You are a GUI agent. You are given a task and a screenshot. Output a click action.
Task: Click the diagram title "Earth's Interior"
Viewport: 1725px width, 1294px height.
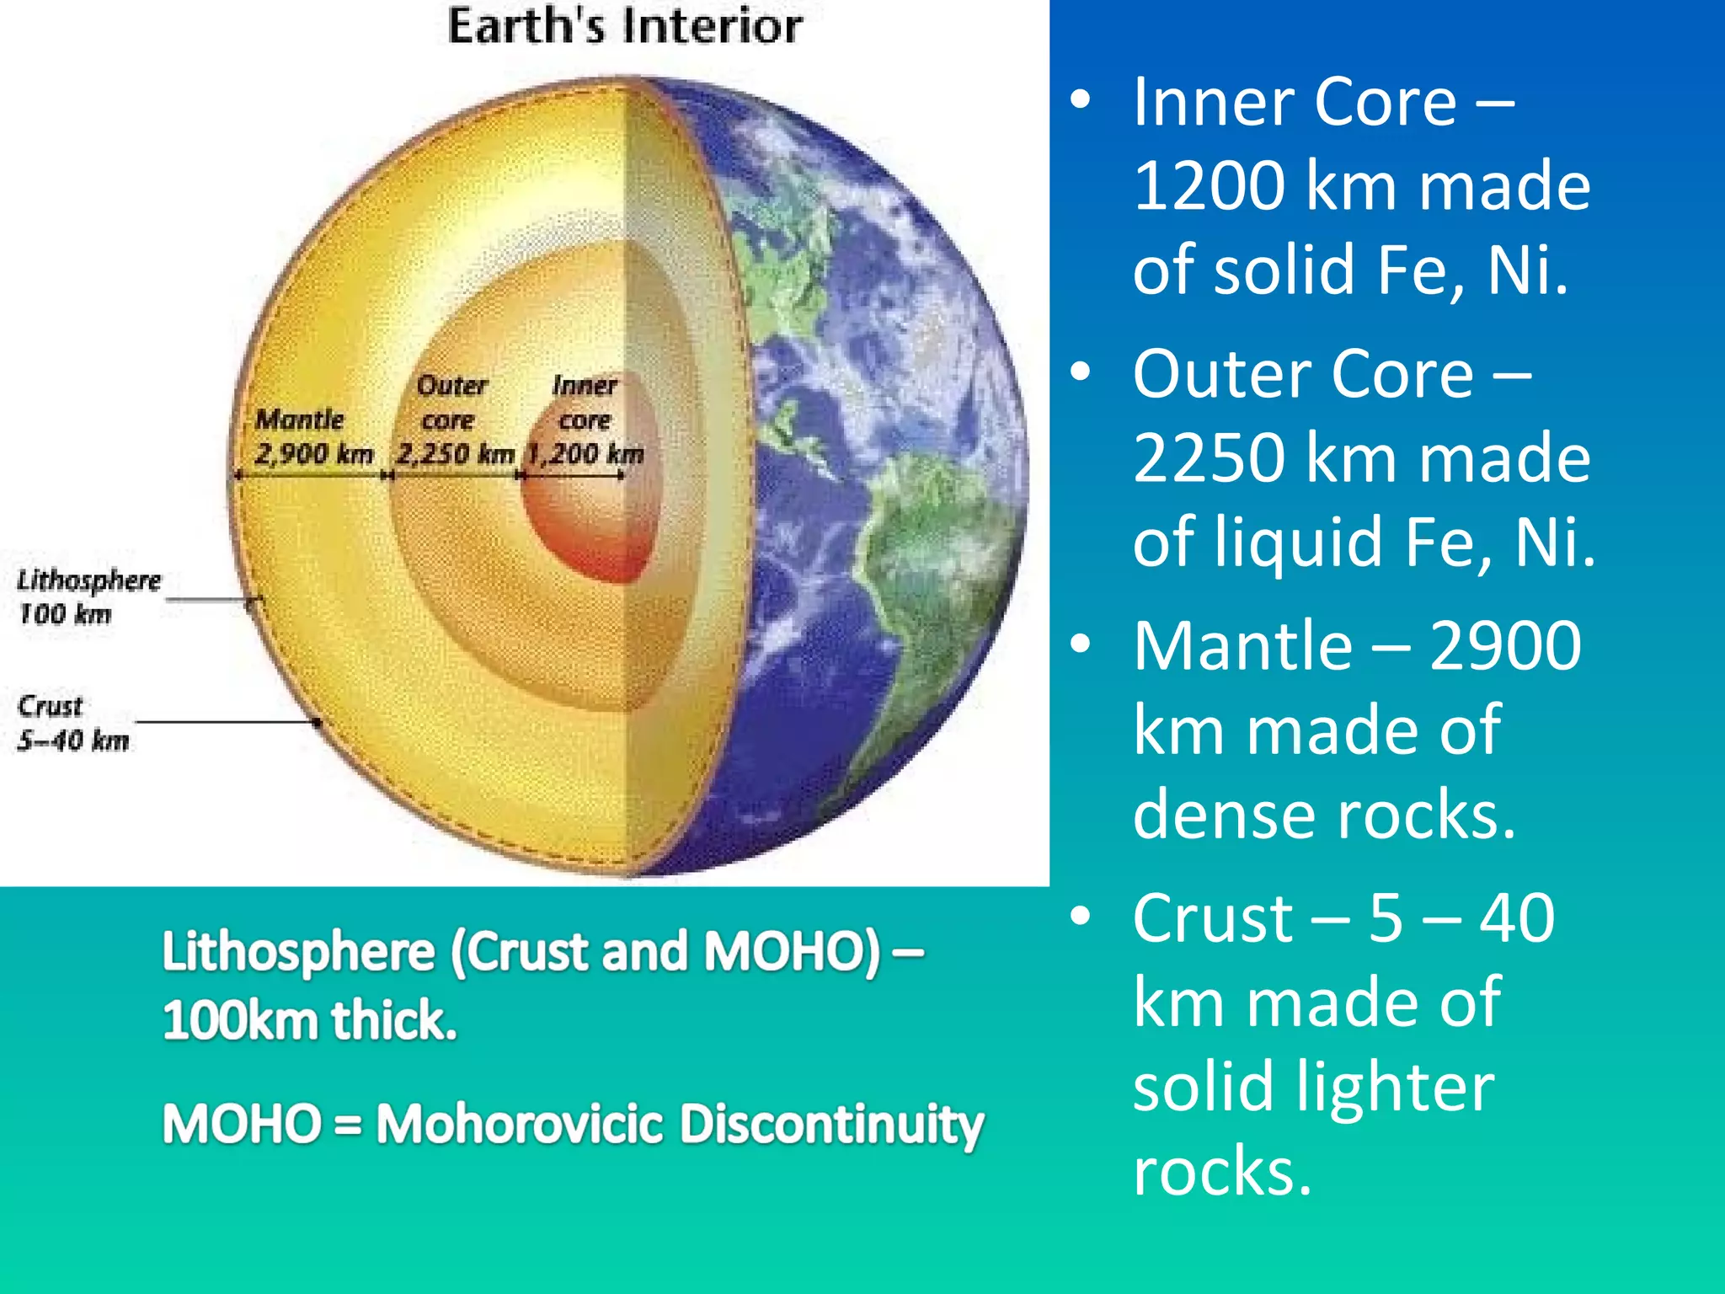(624, 26)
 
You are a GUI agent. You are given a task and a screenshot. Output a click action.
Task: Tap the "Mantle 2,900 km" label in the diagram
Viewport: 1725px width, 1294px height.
(312, 436)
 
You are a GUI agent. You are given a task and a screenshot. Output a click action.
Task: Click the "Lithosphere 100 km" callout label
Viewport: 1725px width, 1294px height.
(88, 596)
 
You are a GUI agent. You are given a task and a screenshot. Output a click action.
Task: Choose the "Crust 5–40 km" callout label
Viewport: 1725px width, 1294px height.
(72, 723)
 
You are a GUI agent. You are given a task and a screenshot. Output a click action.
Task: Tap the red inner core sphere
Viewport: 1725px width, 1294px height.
(590, 522)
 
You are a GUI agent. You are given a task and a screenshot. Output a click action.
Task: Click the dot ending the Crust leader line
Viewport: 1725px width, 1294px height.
(317, 722)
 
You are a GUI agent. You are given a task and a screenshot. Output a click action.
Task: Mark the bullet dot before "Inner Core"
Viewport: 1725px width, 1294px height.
(1081, 100)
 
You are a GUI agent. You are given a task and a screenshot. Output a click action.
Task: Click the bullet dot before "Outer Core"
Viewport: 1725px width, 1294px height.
(1081, 372)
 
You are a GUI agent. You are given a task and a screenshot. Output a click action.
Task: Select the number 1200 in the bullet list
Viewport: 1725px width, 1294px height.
(1209, 185)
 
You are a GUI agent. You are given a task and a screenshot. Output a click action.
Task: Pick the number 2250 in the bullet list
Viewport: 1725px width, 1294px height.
(1209, 457)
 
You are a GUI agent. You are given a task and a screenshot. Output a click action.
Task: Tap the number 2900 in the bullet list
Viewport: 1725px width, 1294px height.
(1505, 645)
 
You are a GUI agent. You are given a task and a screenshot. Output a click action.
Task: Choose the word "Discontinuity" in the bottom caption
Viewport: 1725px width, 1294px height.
(830, 1124)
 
